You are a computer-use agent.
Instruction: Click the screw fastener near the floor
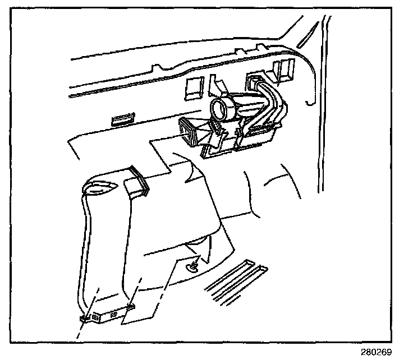[194, 264]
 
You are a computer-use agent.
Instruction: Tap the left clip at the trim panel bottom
[85, 317]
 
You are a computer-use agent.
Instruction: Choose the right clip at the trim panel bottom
[132, 306]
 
